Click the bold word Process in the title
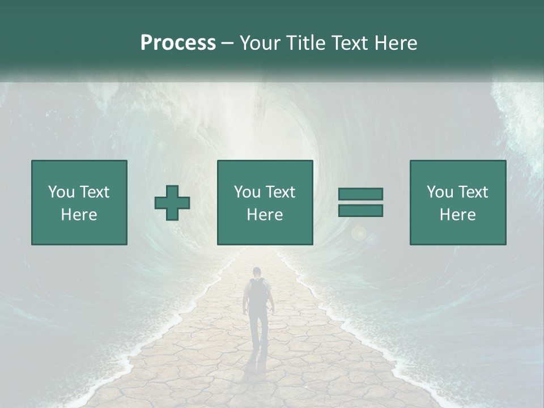click(x=178, y=43)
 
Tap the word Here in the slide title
click(x=396, y=43)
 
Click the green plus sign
click(x=172, y=203)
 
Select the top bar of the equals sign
click(x=360, y=194)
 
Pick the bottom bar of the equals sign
click(x=360, y=210)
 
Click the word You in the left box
click(x=62, y=192)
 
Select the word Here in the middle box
click(x=265, y=215)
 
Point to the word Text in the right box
click(x=474, y=192)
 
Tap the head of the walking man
click(x=257, y=272)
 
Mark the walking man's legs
click(x=258, y=329)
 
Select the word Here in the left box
click(x=79, y=215)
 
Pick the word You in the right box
click(x=440, y=192)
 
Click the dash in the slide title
click(x=228, y=44)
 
